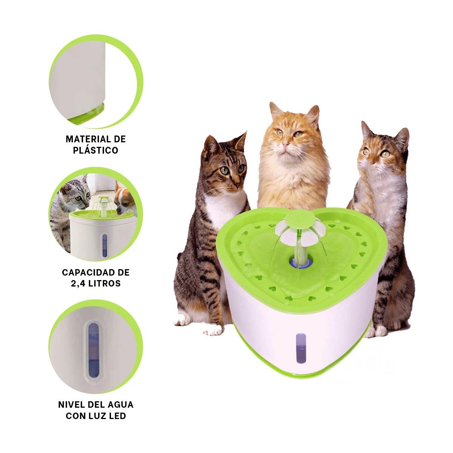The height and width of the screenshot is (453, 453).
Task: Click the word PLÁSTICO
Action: pos(96,151)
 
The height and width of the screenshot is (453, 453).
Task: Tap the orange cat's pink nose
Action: pos(285,143)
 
